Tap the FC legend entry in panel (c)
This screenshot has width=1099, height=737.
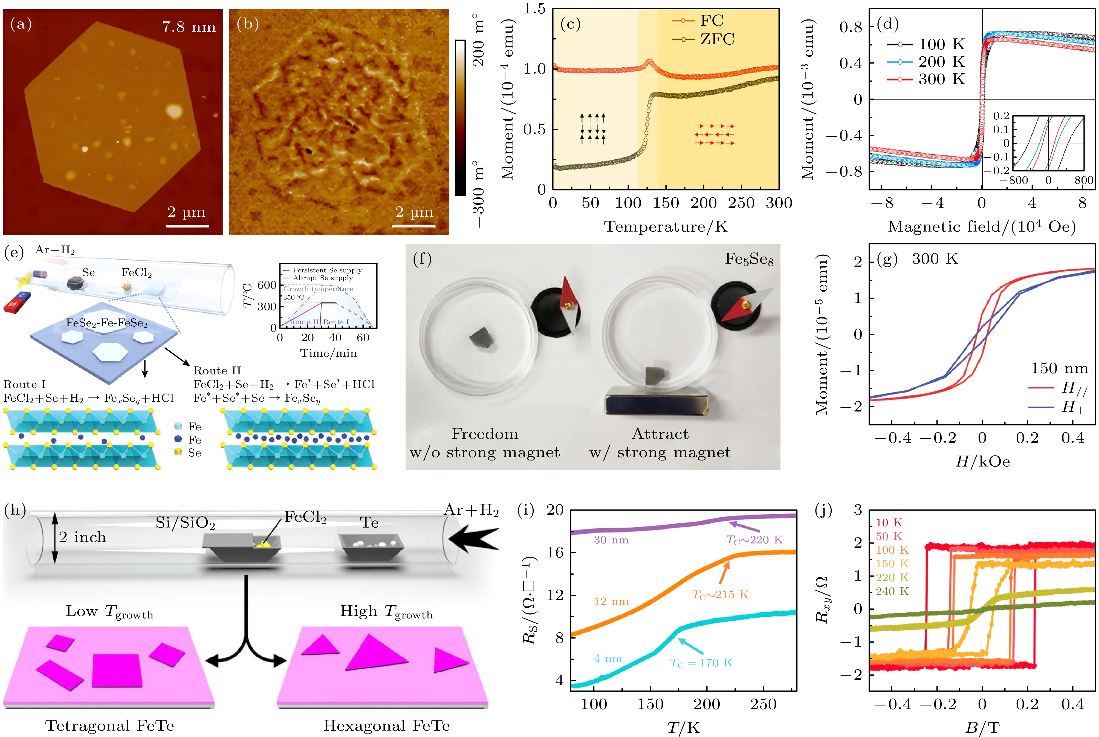[x=711, y=21]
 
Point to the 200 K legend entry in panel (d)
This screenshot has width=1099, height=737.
[x=941, y=62]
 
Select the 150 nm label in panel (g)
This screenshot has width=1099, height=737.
[x=1059, y=368]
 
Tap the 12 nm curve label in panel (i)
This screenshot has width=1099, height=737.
[x=611, y=601]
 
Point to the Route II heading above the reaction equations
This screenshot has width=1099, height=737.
[x=217, y=370]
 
